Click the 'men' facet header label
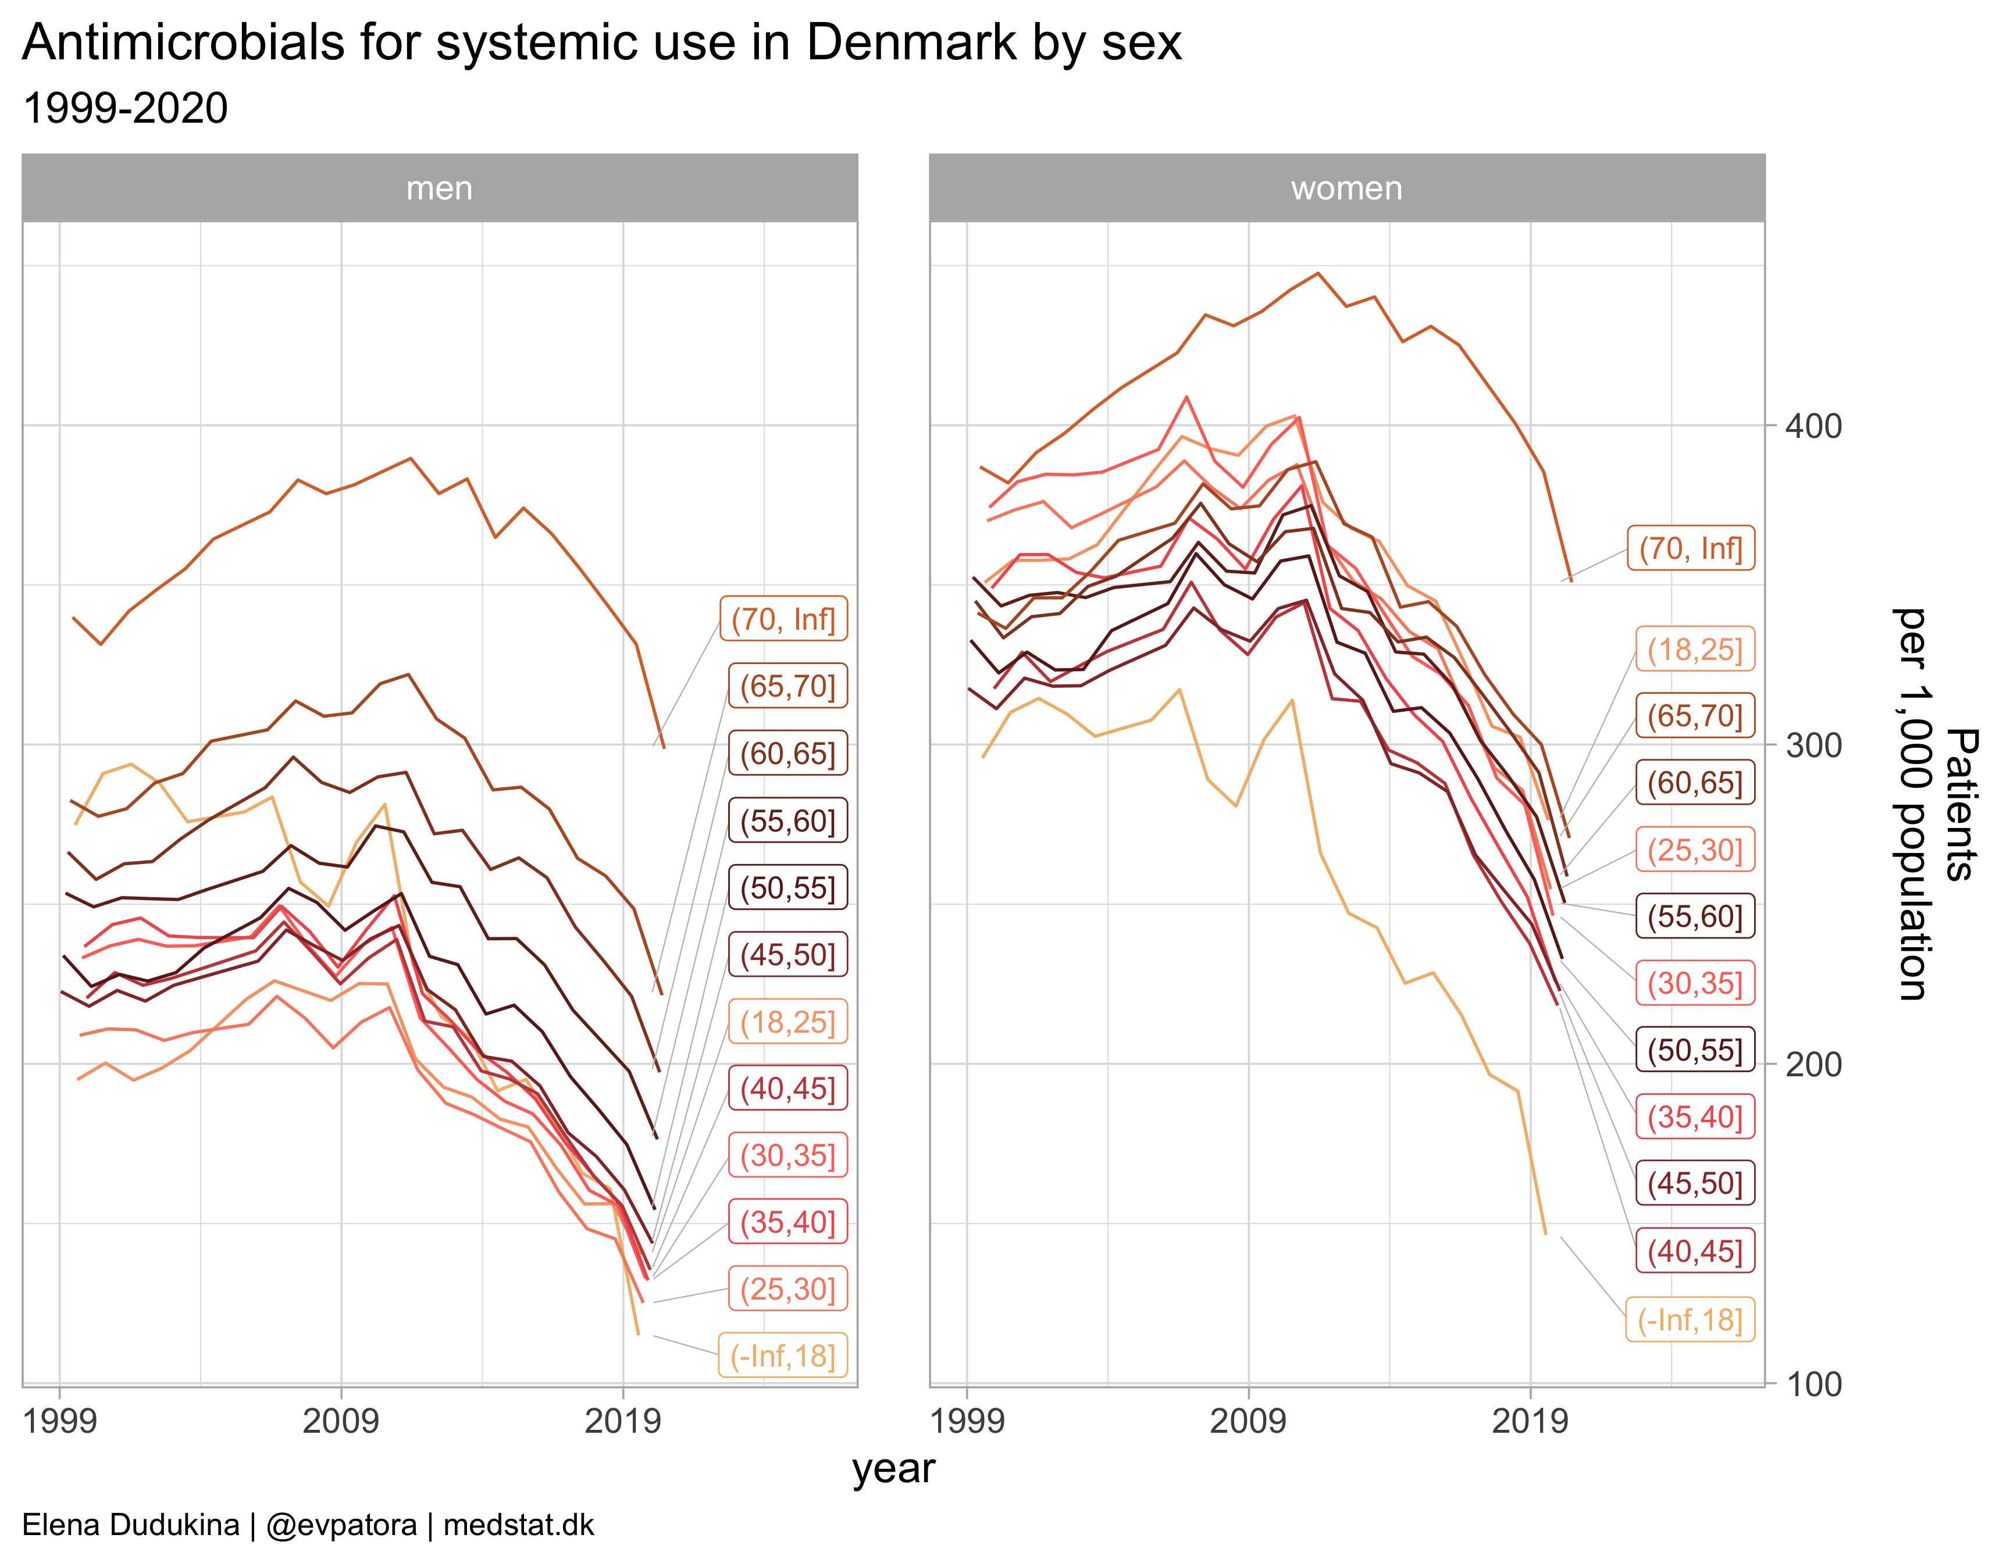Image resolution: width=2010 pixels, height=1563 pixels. (439, 188)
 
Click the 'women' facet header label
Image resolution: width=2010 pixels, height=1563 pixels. (1346, 188)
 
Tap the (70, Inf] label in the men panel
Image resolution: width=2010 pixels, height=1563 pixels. (783, 619)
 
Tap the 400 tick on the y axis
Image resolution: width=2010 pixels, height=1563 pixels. (1813, 426)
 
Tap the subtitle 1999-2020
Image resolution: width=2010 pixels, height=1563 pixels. (125, 109)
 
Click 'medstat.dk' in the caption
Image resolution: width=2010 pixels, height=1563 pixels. (518, 1525)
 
